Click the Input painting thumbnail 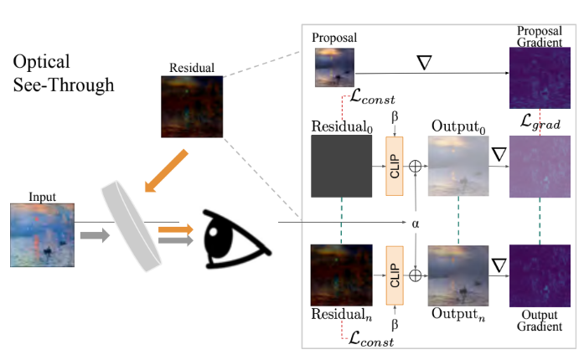point(43,235)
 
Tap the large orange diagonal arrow point(166,171)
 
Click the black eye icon point(236,239)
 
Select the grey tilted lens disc point(131,225)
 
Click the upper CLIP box point(395,166)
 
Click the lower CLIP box point(395,275)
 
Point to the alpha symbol point(416,224)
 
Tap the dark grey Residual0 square point(342,166)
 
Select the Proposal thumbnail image point(335,67)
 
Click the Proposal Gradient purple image point(540,78)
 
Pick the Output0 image point(458,166)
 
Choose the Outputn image point(458,275)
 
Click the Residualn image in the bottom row point(342,275)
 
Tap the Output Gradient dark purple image point(540,276)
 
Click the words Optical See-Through point(64,73)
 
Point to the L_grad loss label point(540,121)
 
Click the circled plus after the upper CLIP point(416,166)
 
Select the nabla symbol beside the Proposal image point(424,63)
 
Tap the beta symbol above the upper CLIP point(395,117)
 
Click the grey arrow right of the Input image point(95,235)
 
